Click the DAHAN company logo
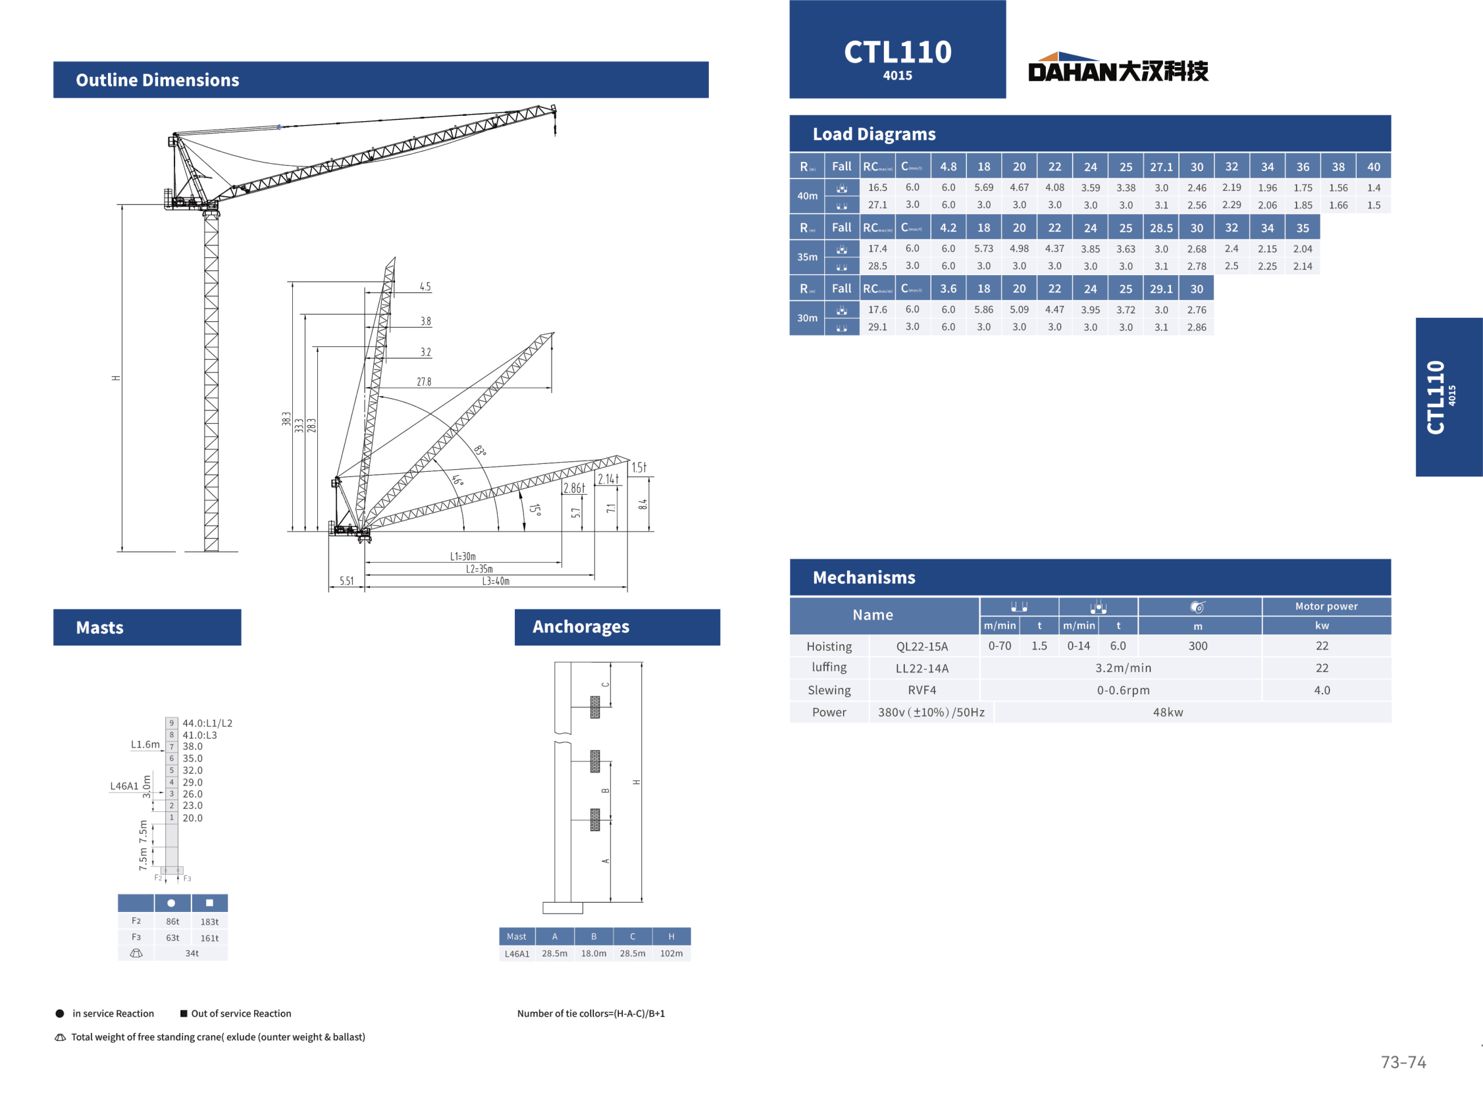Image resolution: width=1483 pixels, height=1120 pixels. click(x=1118, y=68)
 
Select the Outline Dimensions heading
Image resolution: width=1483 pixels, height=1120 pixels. click(x=157, y=80)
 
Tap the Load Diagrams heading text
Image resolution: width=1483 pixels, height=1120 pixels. click(x=873, y=134)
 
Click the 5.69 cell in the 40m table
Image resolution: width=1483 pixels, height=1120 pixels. click(x=983, y=188)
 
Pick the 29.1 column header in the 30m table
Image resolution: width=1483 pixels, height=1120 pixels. click(x=1161, y=289)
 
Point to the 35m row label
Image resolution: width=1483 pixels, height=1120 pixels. click(x=807, y=257)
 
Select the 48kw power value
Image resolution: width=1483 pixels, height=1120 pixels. click(x=1167, y=713)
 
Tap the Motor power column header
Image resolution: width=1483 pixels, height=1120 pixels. click(x=1326, y=607)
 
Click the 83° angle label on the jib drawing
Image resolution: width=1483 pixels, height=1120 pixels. click(x=480, y=450)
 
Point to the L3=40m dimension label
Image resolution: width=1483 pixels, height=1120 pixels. click(x=496, y=582)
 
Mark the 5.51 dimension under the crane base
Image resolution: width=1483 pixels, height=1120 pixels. click(x=347, y=581)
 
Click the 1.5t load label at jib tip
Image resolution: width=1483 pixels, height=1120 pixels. click(x=639, y=467)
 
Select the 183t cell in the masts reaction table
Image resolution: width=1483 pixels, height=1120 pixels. click(x=209, y=923)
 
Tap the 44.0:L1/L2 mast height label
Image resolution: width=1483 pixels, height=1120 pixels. click(x=207, y=723)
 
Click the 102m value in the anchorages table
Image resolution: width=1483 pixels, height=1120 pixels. click(x=671, y=954)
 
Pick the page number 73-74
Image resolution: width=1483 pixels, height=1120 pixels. click(x=1403, y=1062)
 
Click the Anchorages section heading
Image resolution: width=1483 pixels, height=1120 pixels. click(x=581, y=627)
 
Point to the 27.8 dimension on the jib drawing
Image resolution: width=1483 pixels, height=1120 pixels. click(x=424, y=382)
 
